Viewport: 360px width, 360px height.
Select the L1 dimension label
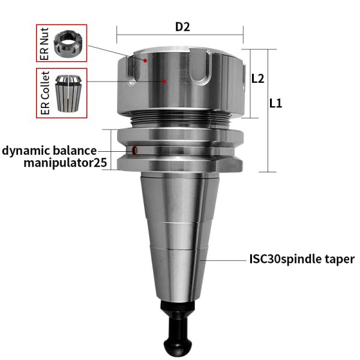pyautogui.click(x=276, y=103)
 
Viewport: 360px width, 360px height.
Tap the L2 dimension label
pyautogui.click(x=258, y=78)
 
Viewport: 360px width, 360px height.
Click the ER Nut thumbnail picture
pyautogui.click(x=69, y=43)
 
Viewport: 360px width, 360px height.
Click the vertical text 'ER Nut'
pyautogui.click(x=43, y=43)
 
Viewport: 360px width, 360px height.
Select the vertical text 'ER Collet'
pyautogui.click(x=43, y=94)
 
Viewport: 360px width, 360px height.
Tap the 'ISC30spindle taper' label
pyautogui.click(x=302, y=260)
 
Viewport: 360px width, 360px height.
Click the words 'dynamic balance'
pyautogui.click(x=49, y=150)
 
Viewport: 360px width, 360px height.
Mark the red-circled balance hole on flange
pyautogui.click(x=135, y=150)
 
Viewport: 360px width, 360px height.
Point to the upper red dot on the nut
pyautogui.click(x=145, y=61)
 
